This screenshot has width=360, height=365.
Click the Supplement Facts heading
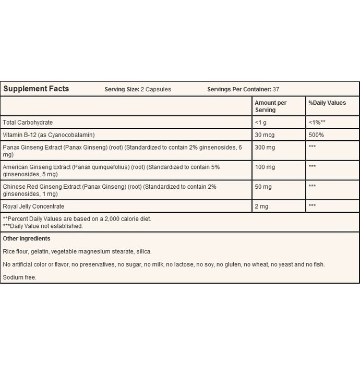[x=36, y=89]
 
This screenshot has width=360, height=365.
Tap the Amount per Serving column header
[x=271, y=106]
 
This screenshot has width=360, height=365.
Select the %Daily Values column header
[x=327, y=103]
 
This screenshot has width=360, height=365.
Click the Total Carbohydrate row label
[x=29, y=122]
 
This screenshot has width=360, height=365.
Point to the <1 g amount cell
[x=261, y=122]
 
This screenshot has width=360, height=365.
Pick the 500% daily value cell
[x=316, y=135]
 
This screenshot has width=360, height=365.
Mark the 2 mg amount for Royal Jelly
[x=262, y=206]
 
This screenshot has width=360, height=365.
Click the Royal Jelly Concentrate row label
[x=33, y=206]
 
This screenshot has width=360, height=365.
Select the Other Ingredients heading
[x=27, y=238]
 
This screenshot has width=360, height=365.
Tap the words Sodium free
[x=20, y=277]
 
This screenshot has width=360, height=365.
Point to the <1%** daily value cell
[x=318, y=122]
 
